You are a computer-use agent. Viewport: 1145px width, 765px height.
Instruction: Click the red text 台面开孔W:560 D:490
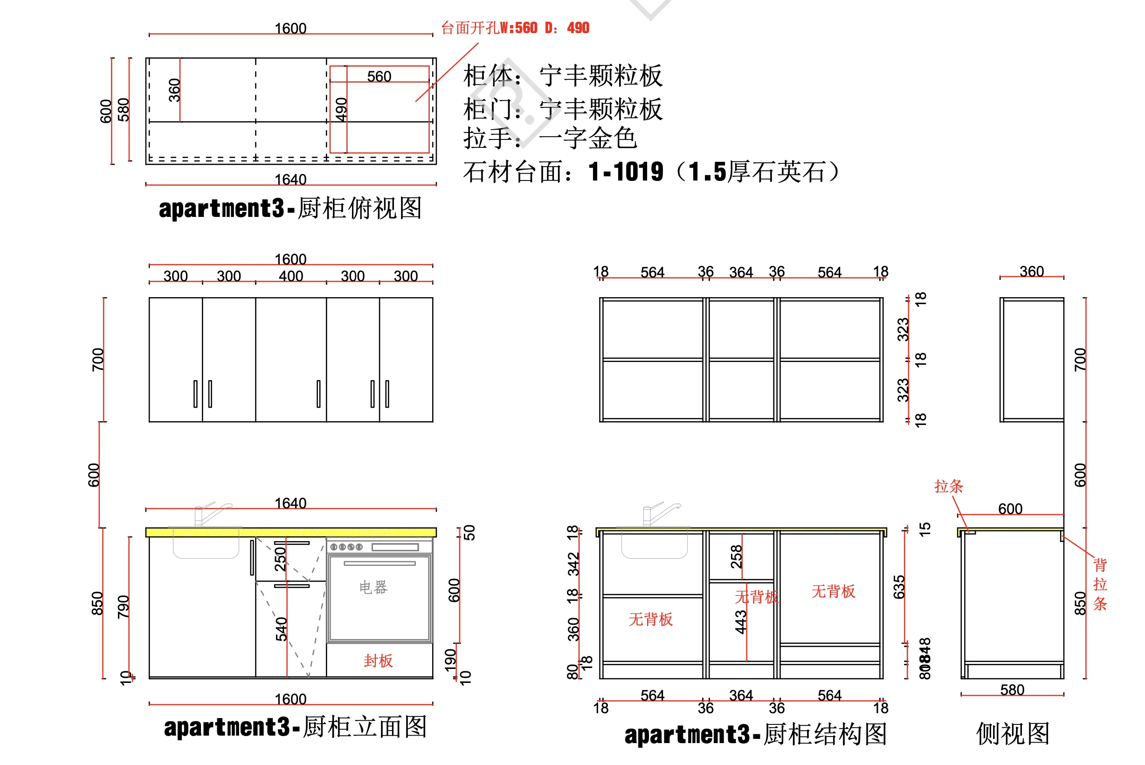click(515, 28)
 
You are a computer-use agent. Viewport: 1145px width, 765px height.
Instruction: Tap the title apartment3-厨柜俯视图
click(290, 209)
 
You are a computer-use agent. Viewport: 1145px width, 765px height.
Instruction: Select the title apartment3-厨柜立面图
click(295, 727)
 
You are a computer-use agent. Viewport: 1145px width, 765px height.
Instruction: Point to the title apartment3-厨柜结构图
click(755, 734)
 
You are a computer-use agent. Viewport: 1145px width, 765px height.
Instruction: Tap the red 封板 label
click(378, 661)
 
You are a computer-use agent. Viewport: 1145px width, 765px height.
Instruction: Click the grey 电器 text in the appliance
click(373, 587)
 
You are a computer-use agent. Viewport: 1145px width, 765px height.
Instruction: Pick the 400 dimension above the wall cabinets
click(290, 276)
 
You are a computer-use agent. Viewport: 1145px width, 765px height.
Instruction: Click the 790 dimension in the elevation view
click(124, 606)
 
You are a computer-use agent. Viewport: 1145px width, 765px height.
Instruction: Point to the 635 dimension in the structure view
click(899, 587)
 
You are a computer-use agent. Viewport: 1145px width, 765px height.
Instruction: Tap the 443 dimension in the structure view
click(741, 622)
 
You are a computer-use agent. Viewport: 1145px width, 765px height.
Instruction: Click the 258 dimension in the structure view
click(736, 556)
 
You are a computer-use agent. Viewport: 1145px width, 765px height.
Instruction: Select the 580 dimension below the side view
click(1012, 690)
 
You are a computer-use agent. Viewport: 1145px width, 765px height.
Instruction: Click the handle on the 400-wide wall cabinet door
click(318, 394)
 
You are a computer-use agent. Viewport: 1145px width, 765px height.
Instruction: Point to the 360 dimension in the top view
click(174, 90)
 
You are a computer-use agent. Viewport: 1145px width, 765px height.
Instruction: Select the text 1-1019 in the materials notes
click(626, 172)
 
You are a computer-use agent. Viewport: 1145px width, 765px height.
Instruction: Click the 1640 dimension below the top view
click(290, 180)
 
